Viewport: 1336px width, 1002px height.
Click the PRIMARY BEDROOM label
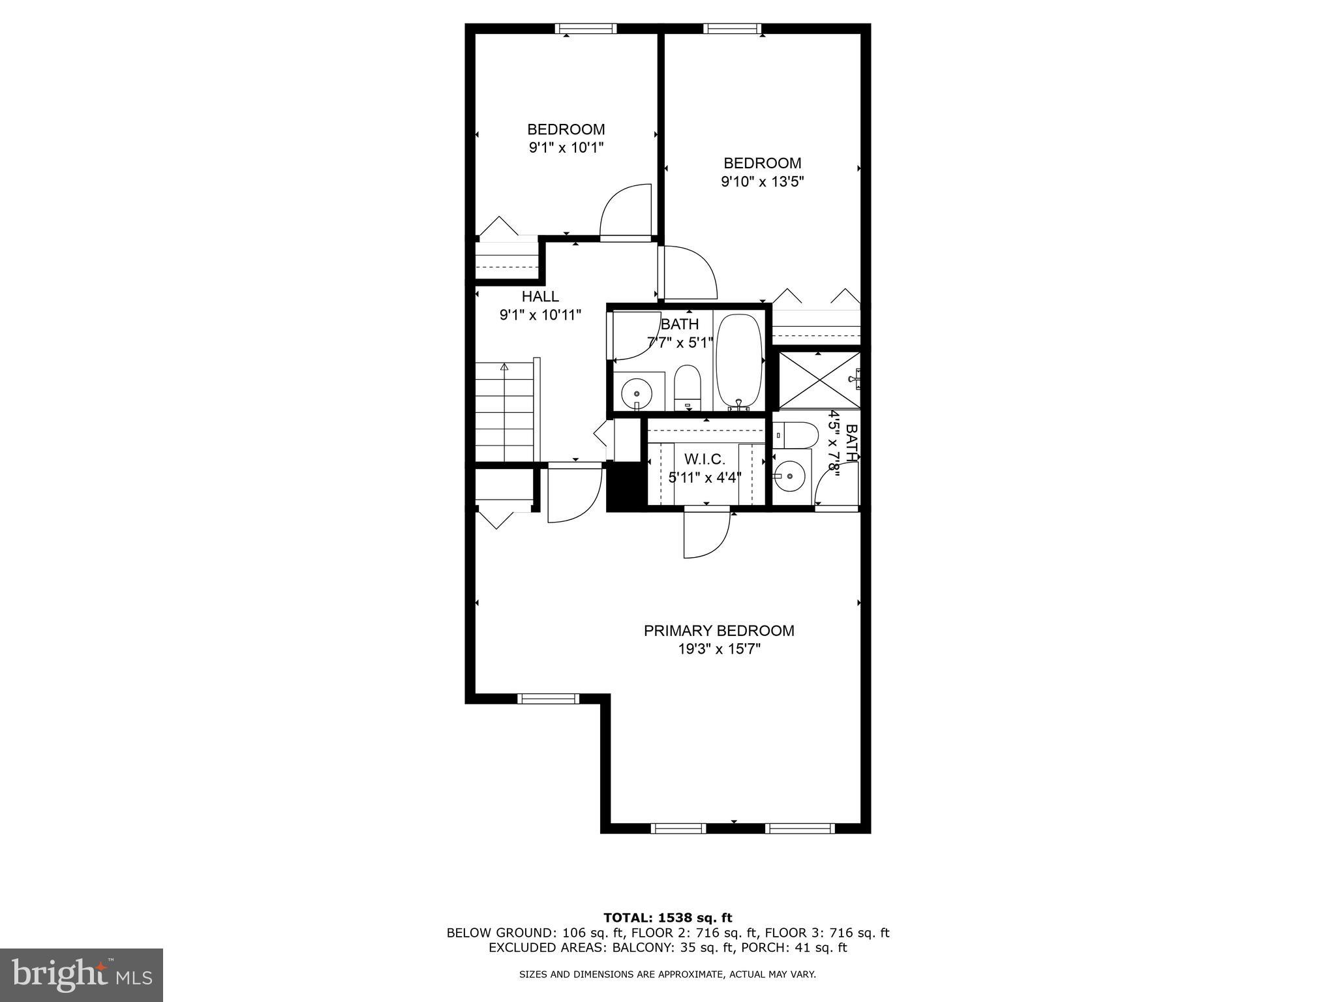click(x=719, y=631)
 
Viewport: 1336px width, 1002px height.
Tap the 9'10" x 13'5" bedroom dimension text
click(x=762, y=182)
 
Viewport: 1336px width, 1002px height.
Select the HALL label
click(x=540, y=297)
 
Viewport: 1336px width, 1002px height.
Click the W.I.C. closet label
click(x=705, y=459)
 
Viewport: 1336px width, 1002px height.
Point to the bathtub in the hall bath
click(x=738, y=361)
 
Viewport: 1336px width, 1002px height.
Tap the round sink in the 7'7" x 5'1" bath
click(x=637, y=393)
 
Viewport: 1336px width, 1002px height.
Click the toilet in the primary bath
click(x=796, y=435)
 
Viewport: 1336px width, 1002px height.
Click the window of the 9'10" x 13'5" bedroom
click(x=732, y=29)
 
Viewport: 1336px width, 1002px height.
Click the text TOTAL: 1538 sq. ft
click(x=667, y=918)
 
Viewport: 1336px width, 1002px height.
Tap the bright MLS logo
click(x=82, y=976)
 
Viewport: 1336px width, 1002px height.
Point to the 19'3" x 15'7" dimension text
click(x=719, y=649)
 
